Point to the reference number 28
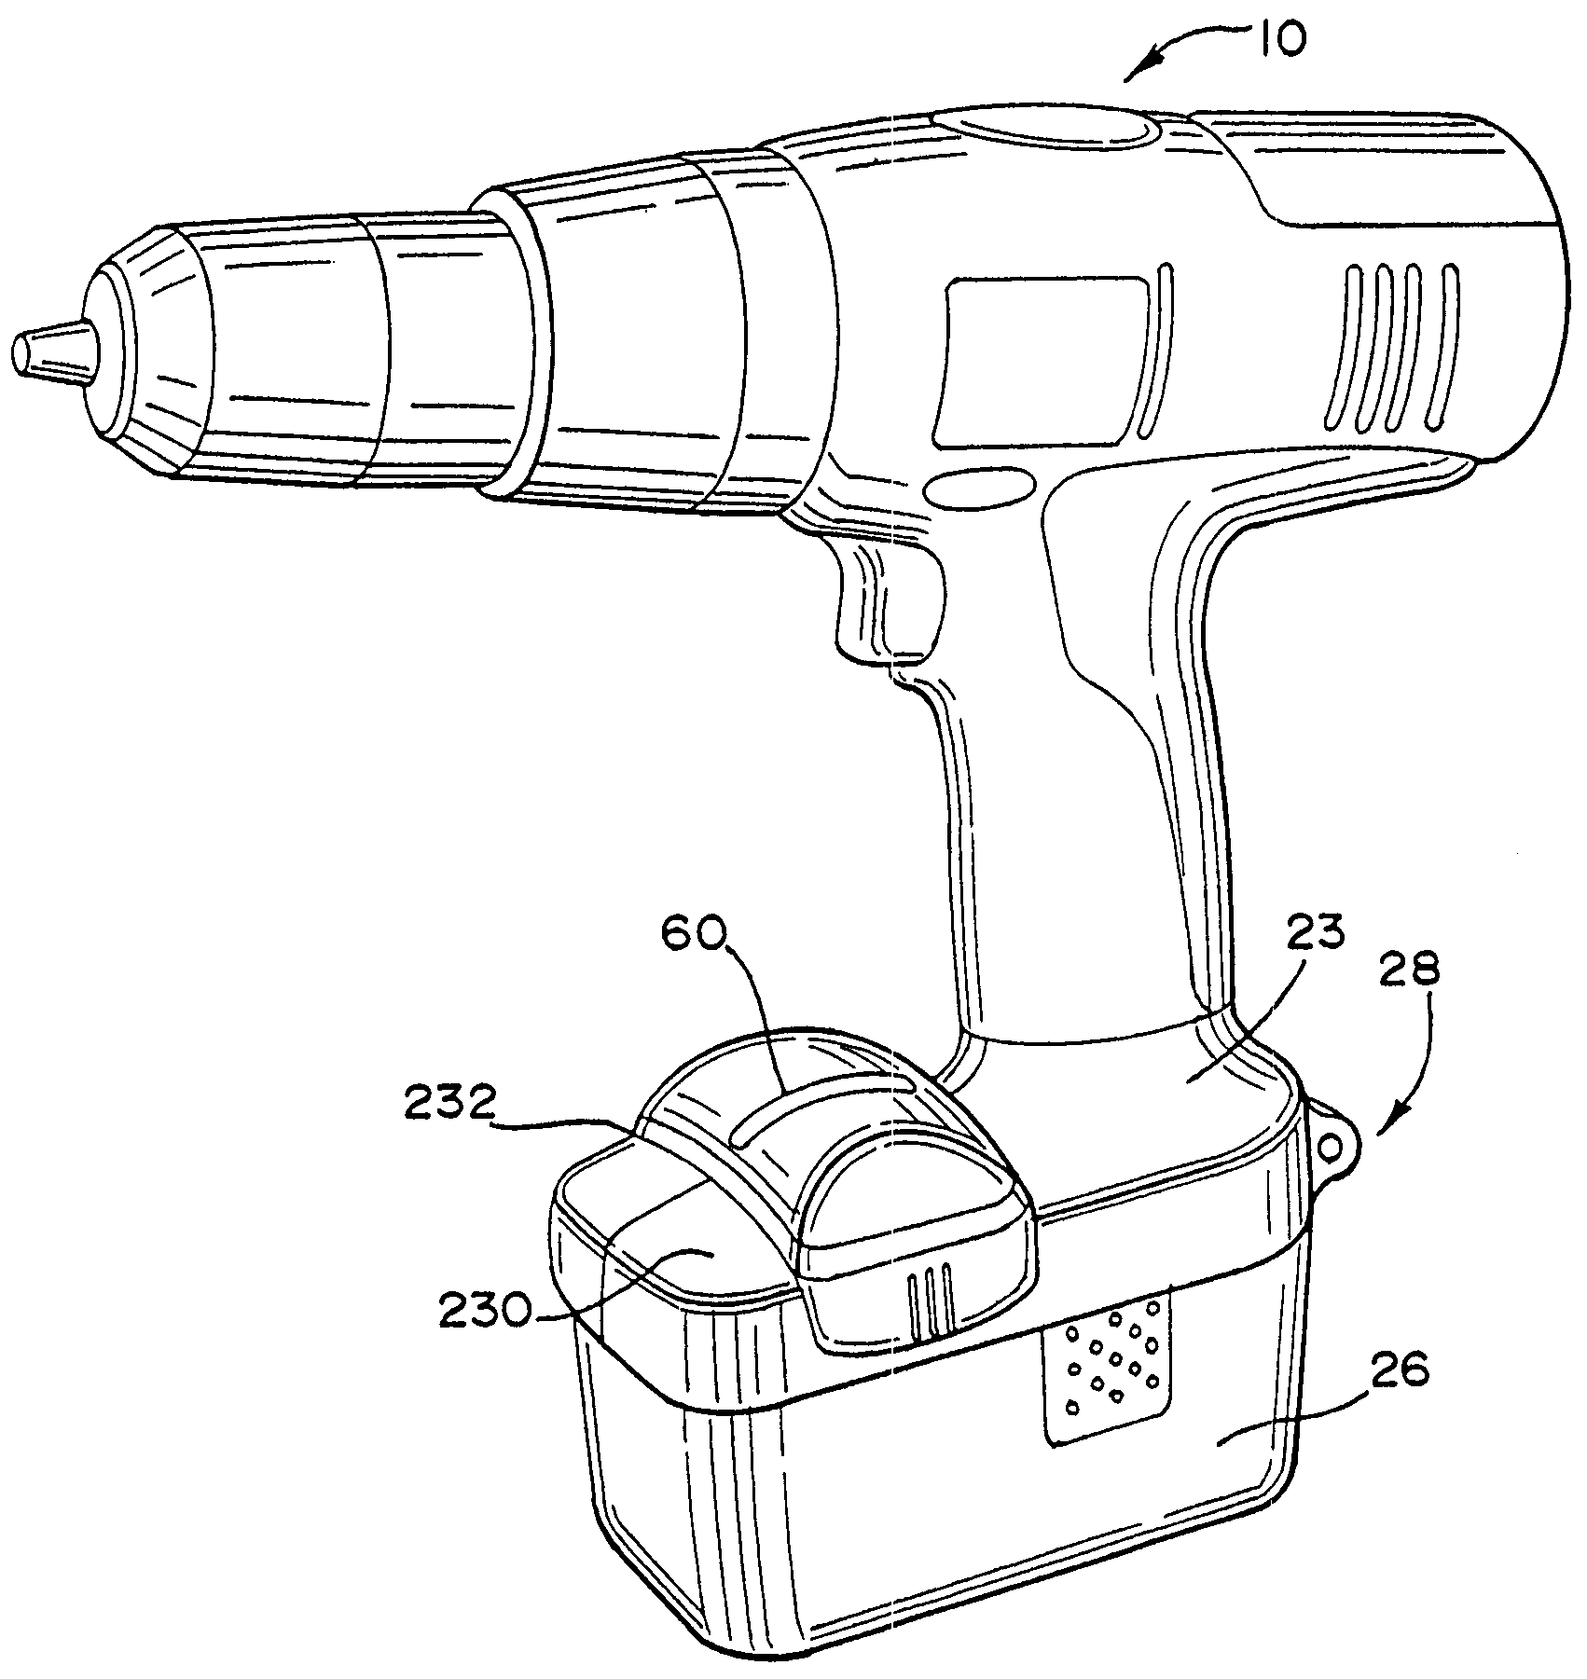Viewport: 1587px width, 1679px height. [x=1408, y=970]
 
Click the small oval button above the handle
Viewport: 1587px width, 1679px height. [x=980, y=489]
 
